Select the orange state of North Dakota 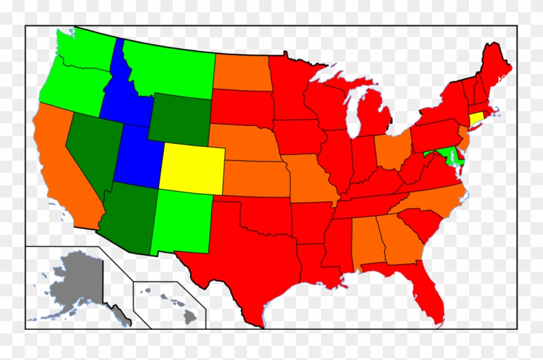coord(242,73)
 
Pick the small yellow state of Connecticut coord(476,117)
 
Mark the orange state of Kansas coord(254,175)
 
